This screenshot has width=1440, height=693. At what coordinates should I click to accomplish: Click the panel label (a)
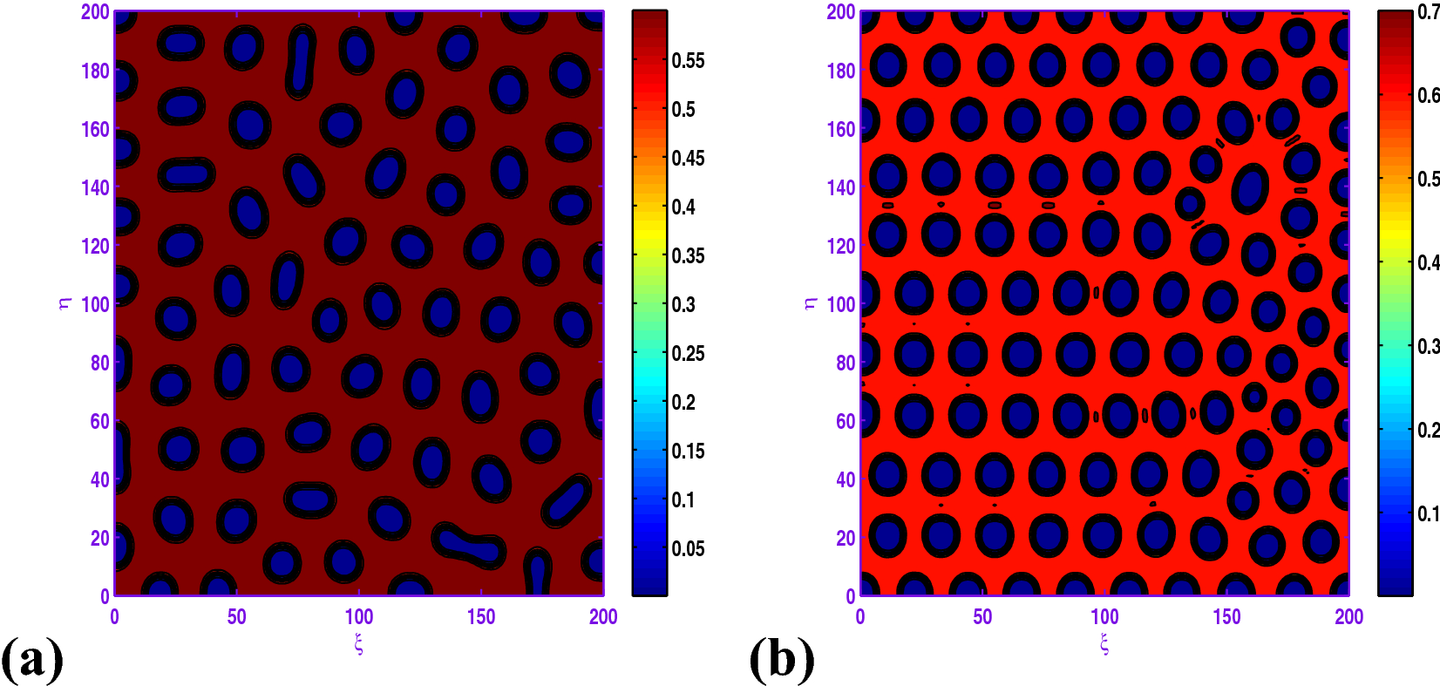pyautogui.click(x=32, y=660)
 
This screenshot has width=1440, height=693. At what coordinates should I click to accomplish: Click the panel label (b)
pyautogui.click(x=781, y=660)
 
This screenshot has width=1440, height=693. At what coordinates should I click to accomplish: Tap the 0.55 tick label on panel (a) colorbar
pyautogui.click(x=688, y=61)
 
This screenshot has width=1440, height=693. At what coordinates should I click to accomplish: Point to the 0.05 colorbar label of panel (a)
pyautogui.click(x=688, y=549)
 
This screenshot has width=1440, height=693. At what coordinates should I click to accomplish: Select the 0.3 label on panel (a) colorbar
pyautogui.click(x=683, y=305)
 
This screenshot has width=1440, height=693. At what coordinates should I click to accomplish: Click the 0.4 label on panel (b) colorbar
pyautogui.click(x=1428, y=262)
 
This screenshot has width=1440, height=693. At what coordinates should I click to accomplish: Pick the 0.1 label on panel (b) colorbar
pyautogui.click(x=1428, y=513)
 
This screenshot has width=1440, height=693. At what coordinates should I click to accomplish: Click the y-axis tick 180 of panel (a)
pyautogui.click(x=95, y=71)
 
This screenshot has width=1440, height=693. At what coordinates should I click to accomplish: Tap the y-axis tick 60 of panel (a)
pyautogui.click(x=99, y=421)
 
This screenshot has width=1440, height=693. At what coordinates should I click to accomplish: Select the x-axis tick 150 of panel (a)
pyautogui.click(x=481, y=617)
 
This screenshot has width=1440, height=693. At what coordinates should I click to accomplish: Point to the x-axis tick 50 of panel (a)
pyautogui.click(x=237, y=617)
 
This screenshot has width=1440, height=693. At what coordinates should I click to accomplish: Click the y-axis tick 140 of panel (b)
pyautogui.click(x=841, y=187)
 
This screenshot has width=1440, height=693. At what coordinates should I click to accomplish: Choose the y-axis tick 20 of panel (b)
pyautogui.click(x=846, y=538)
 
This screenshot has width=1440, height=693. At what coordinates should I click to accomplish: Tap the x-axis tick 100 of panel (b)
pyautogui.click(x=1104, y=617)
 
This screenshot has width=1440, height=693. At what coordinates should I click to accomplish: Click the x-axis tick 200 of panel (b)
pyautogui.click(x=1348, y=617)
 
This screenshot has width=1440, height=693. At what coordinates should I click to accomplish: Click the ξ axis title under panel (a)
pyautogui.click(x=358, y=644)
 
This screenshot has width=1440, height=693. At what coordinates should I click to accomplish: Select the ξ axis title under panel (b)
pyautogui.click(x=1104, y=644)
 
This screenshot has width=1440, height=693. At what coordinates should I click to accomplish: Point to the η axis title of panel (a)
pyautogui.click(x=65, y=303)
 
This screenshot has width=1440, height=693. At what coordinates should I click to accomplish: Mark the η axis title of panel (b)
pyautogui.click(x=811, y=303)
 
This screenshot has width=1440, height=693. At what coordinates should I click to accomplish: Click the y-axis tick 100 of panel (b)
pyautogui.click(x=841, y=304)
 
